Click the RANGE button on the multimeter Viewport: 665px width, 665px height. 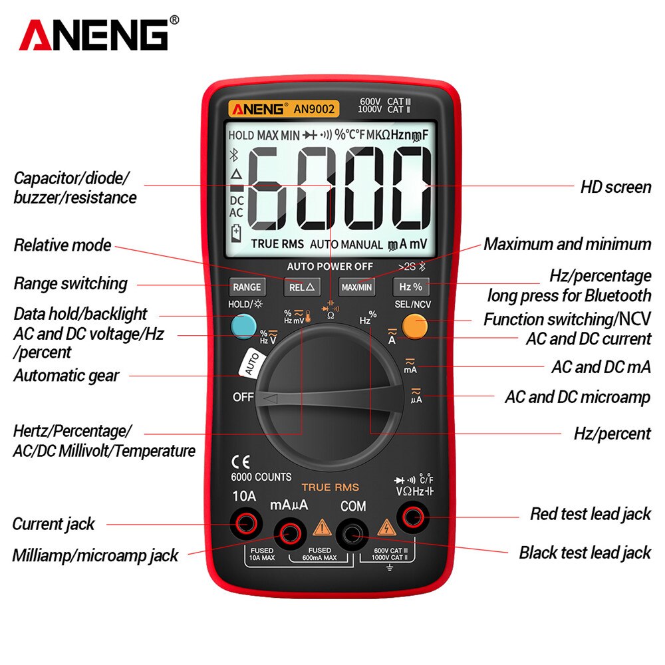(x=247, y=287)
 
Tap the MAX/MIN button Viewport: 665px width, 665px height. (x=356, y=287)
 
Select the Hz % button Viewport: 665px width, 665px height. (x=410, y=287)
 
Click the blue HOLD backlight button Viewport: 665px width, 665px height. (x=244, y=325)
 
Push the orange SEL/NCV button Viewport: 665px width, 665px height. (x=414, y=326)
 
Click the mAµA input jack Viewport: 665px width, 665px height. (x=290, y=532)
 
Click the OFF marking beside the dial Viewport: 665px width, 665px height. (x=243, y=397)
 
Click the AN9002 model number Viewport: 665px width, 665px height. (x=315, y=108)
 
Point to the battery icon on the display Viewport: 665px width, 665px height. (x=236, y=233)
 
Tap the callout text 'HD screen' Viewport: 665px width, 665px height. (x=615, y=187)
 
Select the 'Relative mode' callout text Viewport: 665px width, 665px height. (x=63, y=245)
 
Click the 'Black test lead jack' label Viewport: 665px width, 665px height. (x=585, y=552)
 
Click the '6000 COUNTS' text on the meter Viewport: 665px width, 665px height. (x=261, y=477)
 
